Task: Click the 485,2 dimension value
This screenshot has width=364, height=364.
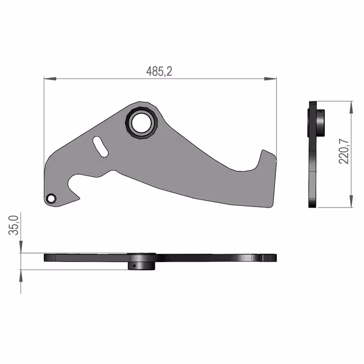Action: (159, 71)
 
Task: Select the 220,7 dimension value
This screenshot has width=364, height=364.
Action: (344, 151)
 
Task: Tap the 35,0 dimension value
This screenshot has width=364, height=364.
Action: (14, 225)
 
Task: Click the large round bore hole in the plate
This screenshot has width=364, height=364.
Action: (141, 123)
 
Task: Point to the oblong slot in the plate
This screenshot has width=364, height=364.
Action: (100, 147)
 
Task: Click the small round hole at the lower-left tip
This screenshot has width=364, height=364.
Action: (51, 198)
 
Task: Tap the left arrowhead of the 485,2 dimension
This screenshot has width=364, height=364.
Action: (50, 79)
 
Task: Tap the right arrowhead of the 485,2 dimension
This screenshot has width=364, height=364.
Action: (271, 79)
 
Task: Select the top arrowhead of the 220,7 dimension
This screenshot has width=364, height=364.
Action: (351, 107)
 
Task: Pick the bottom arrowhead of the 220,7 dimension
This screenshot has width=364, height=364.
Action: (351, 201)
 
